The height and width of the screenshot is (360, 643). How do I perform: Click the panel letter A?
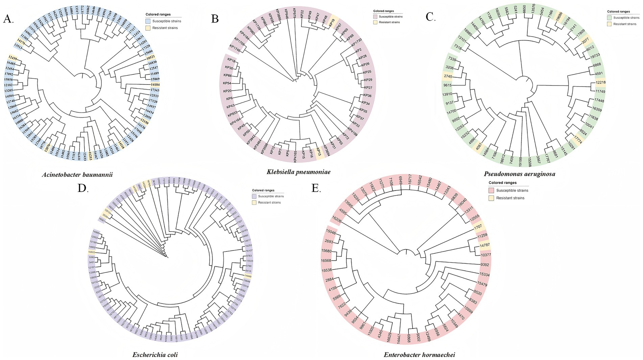(x=8, y=19)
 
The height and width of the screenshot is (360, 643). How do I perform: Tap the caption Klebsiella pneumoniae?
(x=298, y=172)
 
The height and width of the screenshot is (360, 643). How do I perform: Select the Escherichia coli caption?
(x=155, y=355)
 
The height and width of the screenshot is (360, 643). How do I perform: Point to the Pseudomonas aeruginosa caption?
(x=519, y=174)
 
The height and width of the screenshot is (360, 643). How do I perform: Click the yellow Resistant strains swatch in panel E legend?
(x=492, y=198)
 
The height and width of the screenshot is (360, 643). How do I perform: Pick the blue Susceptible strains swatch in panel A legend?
(x=148, y=21)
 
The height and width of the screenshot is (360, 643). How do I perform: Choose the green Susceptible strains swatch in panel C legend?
(x=610, y=18)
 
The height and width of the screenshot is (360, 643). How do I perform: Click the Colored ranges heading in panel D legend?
(x=263, y=190)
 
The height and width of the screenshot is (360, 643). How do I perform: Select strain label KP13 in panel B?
(x=318, y=152)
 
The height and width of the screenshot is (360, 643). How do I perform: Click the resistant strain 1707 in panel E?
(x=478, y=226)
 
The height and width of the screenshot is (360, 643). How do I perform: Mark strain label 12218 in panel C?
(x=600, y=82)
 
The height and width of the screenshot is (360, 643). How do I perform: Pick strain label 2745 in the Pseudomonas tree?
(x=448, y=76)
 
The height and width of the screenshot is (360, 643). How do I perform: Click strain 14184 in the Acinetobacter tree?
(x=155, y=84)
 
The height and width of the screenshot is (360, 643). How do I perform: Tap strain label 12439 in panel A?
(x=13, y=58)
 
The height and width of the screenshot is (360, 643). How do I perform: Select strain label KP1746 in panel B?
(x=235, y=48)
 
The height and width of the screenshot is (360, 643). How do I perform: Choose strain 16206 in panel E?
(x=336, y=219)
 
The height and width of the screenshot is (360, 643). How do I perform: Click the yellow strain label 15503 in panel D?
(x=91, y=252)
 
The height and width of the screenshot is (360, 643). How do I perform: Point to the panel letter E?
(x=316, y=188)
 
